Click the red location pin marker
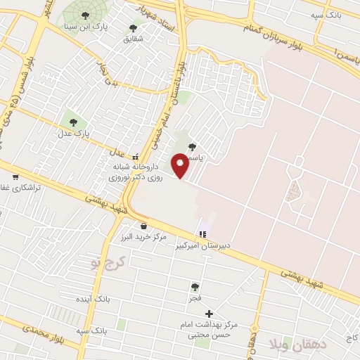coord(181,166)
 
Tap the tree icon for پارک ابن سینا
coord(85,15)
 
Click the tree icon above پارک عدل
coord(73,122)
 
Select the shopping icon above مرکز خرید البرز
coord(144,226)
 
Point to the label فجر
coord(195,297)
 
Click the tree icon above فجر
coord(195,287)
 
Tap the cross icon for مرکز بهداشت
coord(209,313)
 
